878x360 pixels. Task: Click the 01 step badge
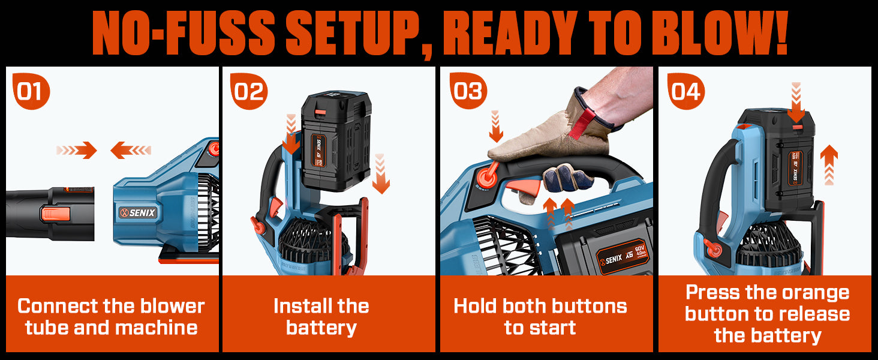click(x=31, y=91)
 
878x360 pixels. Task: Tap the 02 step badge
click(x=248, y=91)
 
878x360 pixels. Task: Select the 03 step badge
click(x=468, y=91)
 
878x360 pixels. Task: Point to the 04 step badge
click(x=686, y=91)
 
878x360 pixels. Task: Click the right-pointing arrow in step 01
click(x=76, y=150)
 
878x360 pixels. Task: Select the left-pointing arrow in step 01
click(x=131, y=150)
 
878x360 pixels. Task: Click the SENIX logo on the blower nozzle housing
click(x=138, y=212)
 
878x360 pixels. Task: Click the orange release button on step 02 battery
click(x=321, y=112)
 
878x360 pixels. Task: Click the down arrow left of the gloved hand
click(x=496, y=126)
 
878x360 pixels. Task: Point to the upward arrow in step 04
click(x=829, y=165)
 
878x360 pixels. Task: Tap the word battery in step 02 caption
click(x=321, y=328)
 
